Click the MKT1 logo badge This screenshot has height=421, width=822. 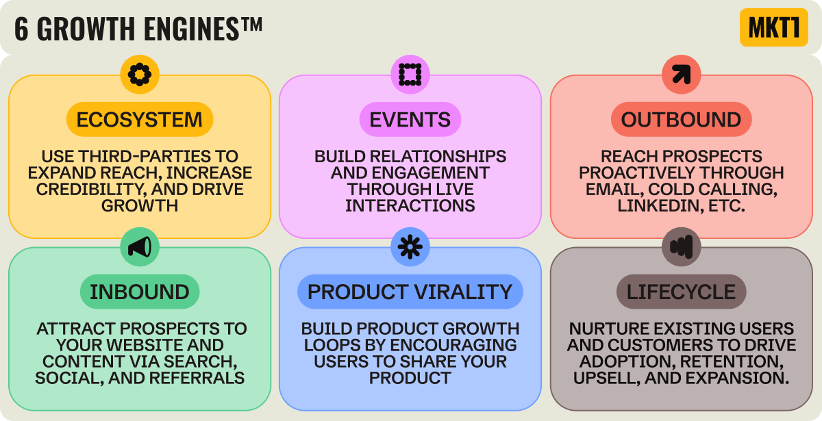pos(774,27)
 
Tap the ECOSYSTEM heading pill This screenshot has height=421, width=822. pos(140,120)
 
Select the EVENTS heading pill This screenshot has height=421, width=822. pos(410,120)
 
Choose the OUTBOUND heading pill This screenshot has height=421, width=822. pos(681,120)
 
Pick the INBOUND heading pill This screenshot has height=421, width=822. pos(140,292)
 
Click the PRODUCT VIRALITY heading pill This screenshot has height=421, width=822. pos(410,292)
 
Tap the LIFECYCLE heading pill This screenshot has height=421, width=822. pos(681,292)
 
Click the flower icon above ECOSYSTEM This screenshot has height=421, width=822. pos(140,73)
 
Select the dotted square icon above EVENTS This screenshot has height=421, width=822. pos(410,73)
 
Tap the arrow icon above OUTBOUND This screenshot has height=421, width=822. pos(681,73)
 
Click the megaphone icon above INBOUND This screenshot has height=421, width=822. pos(140,246)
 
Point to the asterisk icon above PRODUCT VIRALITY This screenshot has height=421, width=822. pos(410,246)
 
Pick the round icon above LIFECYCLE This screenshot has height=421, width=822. pos(681,246)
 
